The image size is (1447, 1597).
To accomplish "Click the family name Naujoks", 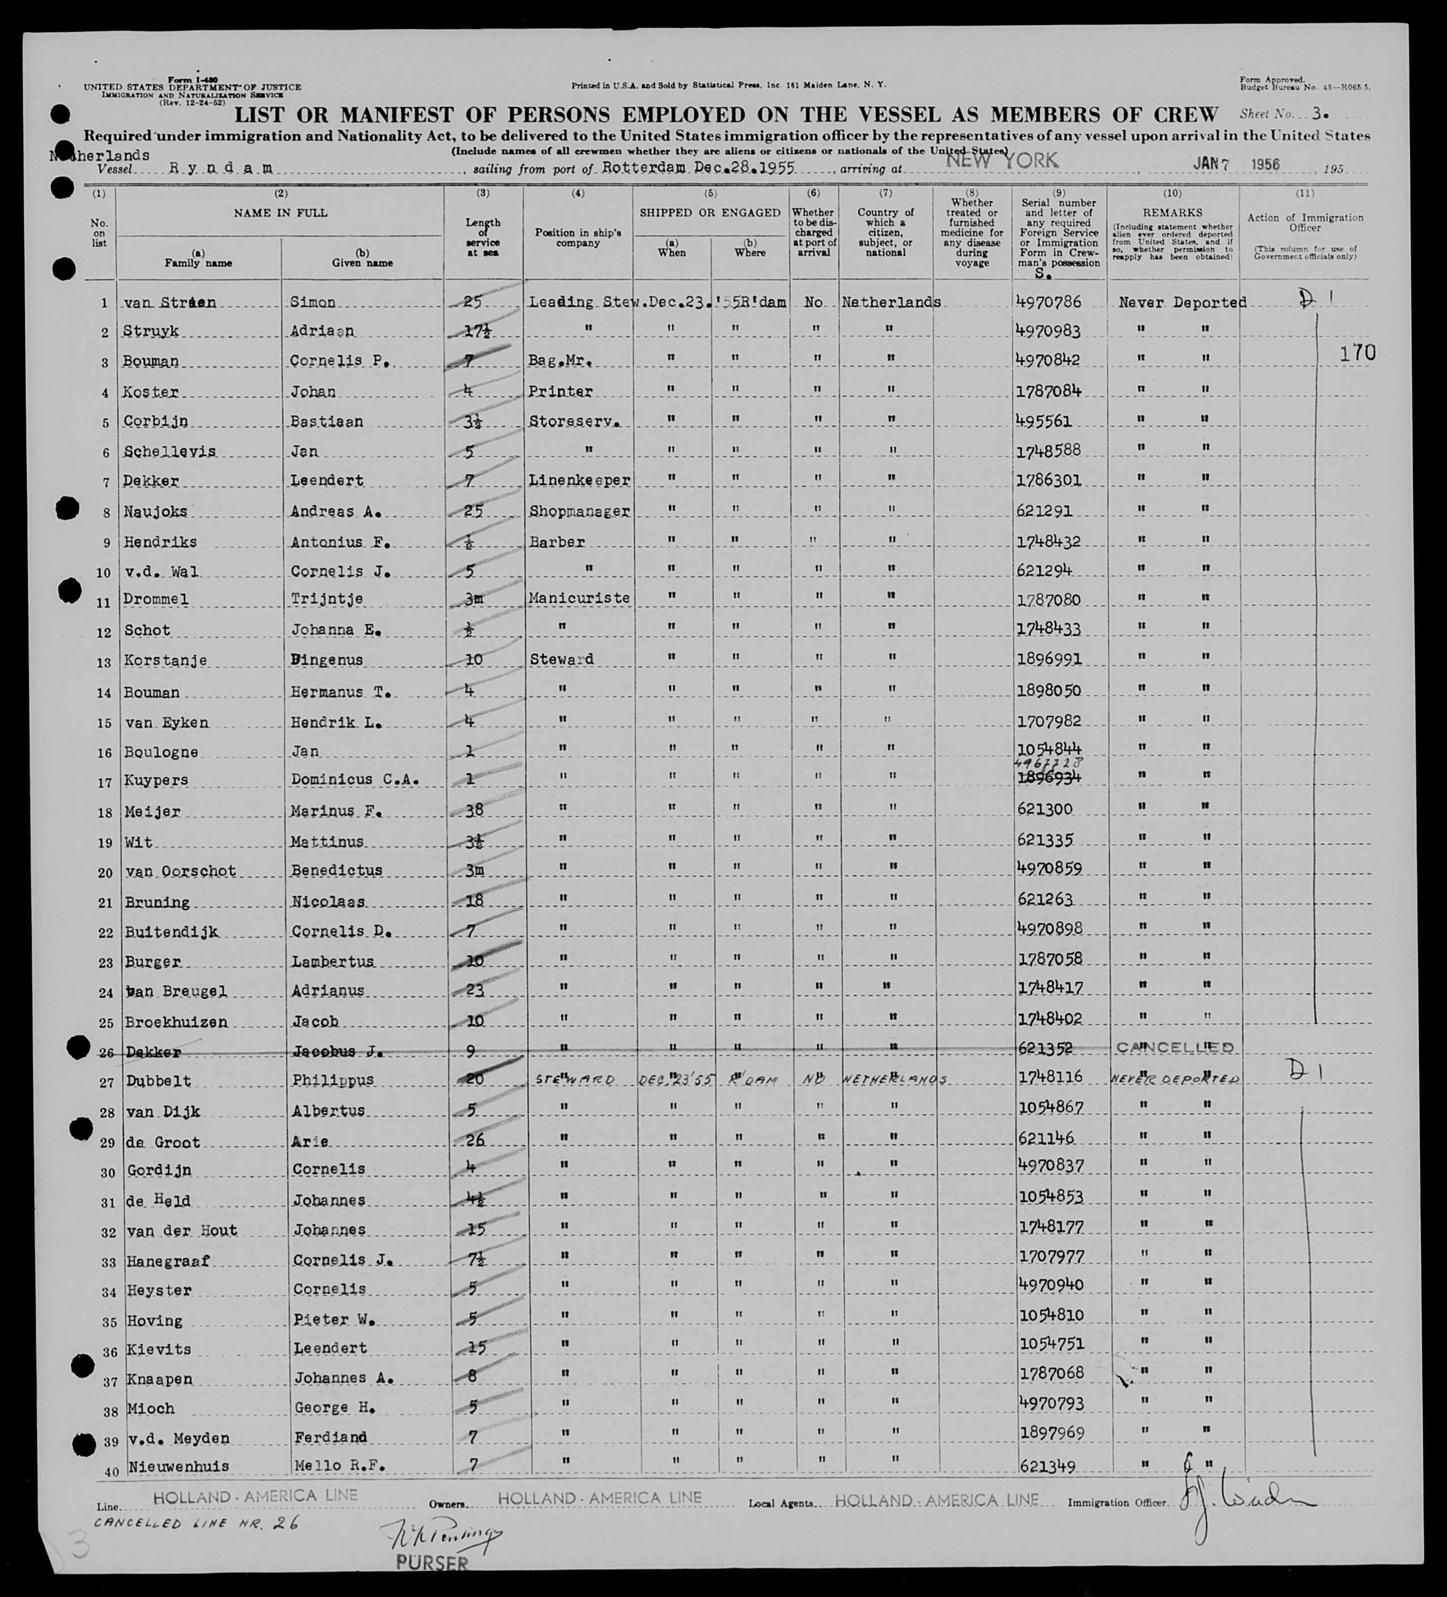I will (155, 512).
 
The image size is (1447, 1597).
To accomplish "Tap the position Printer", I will (561, 391).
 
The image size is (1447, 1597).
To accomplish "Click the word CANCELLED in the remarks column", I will (1175, 1047).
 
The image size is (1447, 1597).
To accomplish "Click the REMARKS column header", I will (1172, 213).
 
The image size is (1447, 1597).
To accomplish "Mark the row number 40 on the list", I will (111, 1471).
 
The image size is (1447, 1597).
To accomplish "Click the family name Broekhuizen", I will (176, 1022).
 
